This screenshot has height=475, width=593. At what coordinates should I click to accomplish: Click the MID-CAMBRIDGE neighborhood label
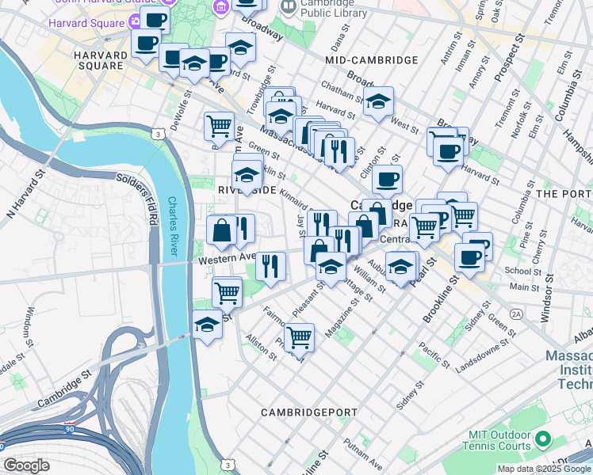pos(371,60)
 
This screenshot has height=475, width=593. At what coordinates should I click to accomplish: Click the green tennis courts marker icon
pos(543,439)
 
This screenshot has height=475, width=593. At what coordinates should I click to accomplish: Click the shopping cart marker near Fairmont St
pos(299,336)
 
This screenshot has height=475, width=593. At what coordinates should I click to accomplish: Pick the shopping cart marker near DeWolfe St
pos(219,125)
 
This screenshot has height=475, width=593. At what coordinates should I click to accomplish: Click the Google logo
pos(26,465)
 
